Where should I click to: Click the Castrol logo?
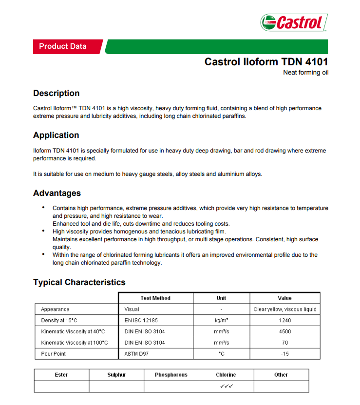(x=294, y=22)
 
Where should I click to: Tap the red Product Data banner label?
(x=63, y=46)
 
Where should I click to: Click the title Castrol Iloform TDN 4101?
(x=266, y=62)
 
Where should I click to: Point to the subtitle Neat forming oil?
(x=306, y=73)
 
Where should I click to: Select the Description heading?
(x=56, y=93)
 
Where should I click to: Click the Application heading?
(x=56, y=135)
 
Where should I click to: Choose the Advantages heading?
(x=57, y=193)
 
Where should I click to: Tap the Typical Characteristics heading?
(x=79, y=282)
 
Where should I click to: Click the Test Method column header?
(x=155, y=298)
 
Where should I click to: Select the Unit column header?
(x=221, y=298)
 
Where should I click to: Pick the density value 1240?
(x=285, y=320)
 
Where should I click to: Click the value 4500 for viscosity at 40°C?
(x=285, y=331)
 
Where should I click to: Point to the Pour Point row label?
(x=54, y=354)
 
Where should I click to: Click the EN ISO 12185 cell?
(x=141, y=320)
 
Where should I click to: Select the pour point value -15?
(x=285, y=354)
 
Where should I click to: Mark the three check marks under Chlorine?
(x=226, y=386)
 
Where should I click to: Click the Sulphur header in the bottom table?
(x=116, y=375)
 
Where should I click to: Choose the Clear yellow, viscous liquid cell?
(x=285, y=309)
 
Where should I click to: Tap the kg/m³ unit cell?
(x=222, y=320)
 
